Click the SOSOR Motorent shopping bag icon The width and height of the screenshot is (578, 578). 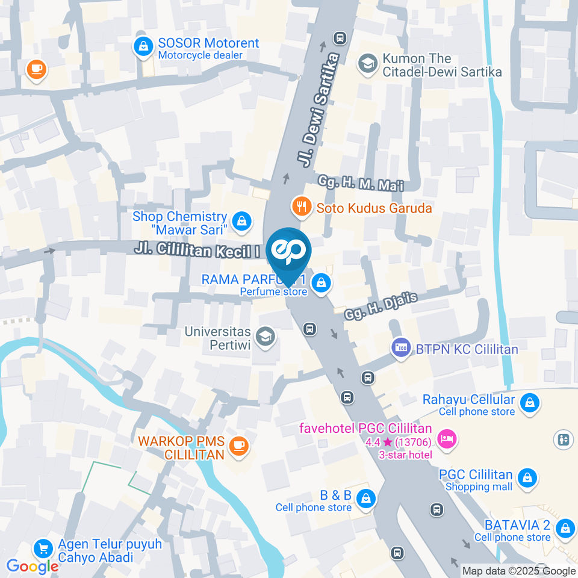(143, 46)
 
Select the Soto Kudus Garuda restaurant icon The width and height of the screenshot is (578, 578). (300, 208)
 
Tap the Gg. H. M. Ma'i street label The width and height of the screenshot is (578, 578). (359, 183)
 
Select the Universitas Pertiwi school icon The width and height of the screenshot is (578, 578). (264, 337)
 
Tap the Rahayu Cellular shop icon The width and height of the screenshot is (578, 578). (529, 402)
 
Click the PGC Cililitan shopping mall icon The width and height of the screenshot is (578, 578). (527, 477)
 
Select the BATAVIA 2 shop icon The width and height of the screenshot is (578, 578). (565, 528)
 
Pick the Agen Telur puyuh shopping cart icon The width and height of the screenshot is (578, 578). (42, 548)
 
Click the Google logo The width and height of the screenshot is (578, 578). (32, 566)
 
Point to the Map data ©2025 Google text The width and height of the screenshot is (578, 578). (518, 571)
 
